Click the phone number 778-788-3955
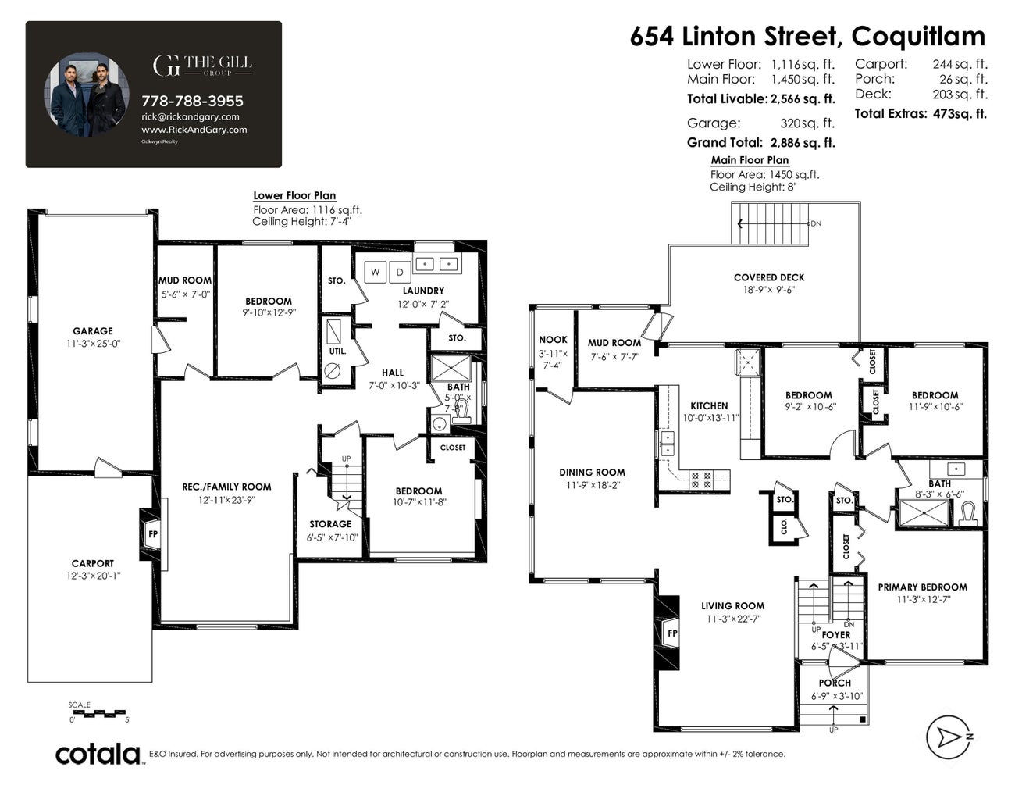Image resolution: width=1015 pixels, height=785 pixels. tap(192, 101)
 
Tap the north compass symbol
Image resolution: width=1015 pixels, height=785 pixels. tap(952, 737)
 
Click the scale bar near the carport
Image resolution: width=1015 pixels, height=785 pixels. tap(98, 713)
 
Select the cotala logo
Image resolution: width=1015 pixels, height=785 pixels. tap(98, 754)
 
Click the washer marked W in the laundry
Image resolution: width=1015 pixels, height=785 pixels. tap(376, 272)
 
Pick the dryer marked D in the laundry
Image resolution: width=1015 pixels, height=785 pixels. tap(400, 272)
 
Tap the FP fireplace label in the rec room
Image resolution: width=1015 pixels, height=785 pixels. tap(153, 534)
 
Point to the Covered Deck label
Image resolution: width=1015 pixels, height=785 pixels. tap(768, 277)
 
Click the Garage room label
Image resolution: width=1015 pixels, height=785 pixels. tap(93, 331)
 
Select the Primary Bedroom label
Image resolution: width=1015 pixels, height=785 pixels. tap(922, 587)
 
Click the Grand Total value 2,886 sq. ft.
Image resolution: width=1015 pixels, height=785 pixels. tap(802, 143)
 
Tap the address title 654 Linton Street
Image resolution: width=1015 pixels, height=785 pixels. tap(733, 36)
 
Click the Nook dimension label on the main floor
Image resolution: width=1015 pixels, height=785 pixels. tap(553, 359)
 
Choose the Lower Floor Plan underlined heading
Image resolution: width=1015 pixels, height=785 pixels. tap(294, 196)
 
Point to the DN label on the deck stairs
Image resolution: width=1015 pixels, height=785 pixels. tap(816, 223)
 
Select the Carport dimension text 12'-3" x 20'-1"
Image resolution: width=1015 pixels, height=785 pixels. tap(93, 576)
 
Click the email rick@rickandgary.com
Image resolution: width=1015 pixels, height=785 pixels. tap(190, 116)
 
